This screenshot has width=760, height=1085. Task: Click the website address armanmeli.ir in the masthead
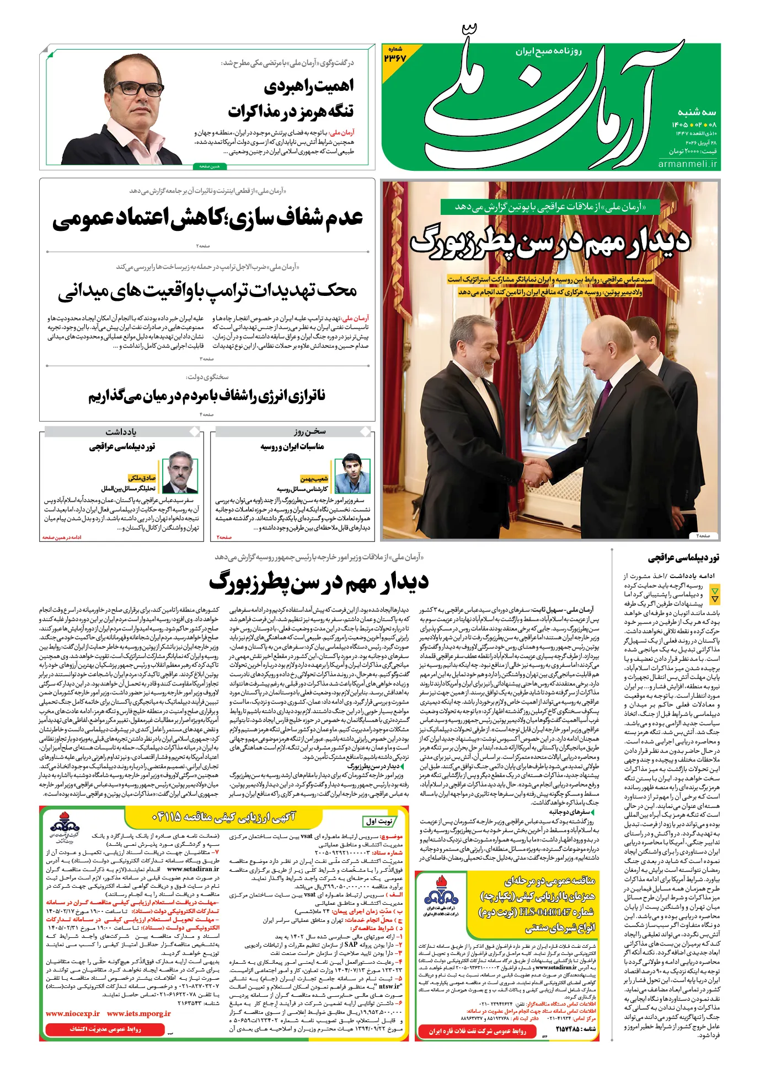click(688, 164)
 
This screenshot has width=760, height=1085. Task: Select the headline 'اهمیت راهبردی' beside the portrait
click(308, 87)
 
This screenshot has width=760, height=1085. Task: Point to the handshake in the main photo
click(537, 471)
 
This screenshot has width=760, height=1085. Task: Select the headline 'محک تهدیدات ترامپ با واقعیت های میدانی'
click(207, 290)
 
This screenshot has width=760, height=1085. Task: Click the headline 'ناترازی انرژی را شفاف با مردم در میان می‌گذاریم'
click(207, 396)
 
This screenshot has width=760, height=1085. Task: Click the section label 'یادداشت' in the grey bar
click(121, 431)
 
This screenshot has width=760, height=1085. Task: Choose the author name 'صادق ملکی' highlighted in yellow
click(142, 478)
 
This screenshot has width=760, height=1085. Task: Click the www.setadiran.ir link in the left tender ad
click(190, 868)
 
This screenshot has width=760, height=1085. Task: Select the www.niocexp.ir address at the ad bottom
click(73, 1013)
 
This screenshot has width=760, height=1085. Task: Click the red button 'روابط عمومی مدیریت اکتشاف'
click(105, 1029)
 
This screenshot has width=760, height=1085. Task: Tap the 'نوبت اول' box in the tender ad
click(379, 821)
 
